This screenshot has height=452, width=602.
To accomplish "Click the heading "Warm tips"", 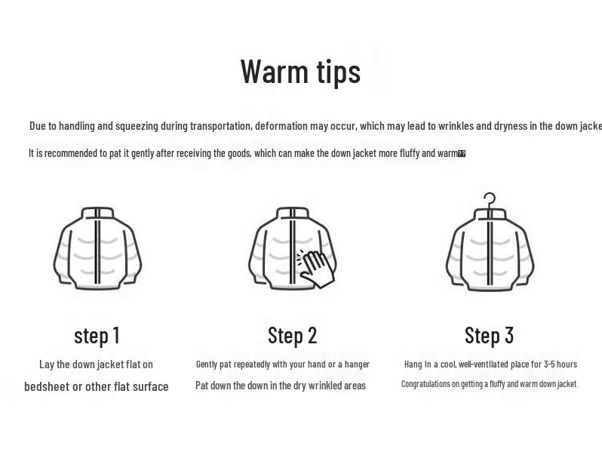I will (300, 72).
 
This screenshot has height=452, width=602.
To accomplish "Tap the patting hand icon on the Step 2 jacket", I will (317, 268).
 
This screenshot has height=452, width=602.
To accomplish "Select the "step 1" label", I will (97, 335).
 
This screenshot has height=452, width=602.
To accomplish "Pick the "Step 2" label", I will (292, 335).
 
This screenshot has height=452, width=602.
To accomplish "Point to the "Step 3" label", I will (489, 335).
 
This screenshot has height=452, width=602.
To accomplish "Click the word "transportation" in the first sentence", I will (220, 126).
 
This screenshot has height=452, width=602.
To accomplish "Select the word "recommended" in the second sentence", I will (72, 153).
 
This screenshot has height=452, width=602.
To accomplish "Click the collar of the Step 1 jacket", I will (97, 214).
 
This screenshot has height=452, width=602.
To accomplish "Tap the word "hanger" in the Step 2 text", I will (357, 364).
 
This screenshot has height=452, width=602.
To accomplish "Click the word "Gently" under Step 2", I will (206, 364).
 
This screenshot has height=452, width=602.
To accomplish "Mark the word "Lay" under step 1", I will (47, 364).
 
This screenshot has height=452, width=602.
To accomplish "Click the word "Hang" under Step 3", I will (413, 364).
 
